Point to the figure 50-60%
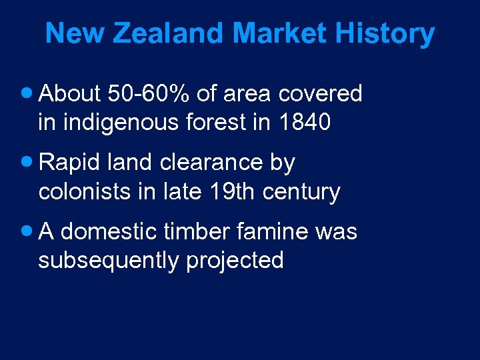[148, 94]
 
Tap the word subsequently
[109, 261]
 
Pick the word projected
[235, 261]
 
